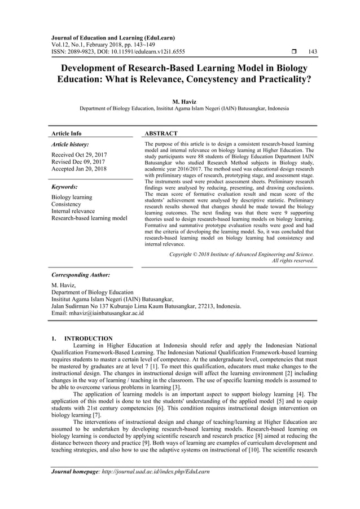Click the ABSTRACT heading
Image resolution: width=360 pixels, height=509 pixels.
pos(161,133)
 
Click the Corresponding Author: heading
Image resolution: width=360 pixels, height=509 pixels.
pos(81,275)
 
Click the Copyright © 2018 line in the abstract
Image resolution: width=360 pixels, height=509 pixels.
pos(242,254)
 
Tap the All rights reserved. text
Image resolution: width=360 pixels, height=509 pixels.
pos(293,261)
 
